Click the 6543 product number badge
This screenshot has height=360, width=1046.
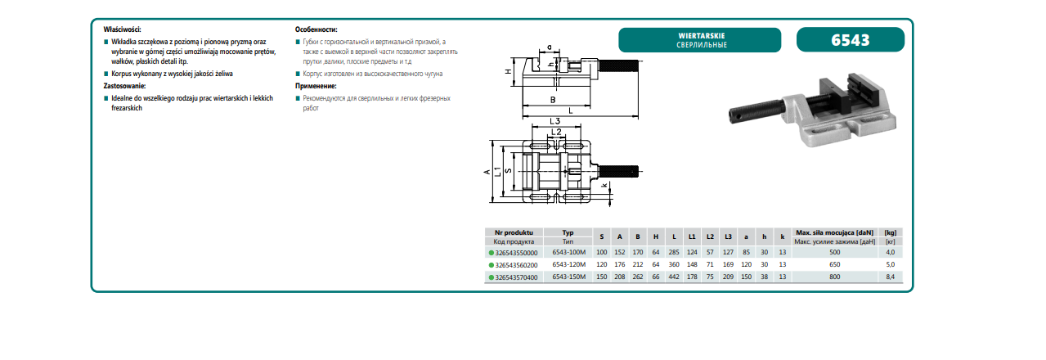point(850,40)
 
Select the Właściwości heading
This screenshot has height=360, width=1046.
point(123,29)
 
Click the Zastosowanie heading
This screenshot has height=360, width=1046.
point(124,86)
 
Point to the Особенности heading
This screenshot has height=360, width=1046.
point(316,29)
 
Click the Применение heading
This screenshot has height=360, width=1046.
point(316,86)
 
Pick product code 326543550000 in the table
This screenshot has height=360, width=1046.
point(516,253)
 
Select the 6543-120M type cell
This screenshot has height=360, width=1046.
point(568,264)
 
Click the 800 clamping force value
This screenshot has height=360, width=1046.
point(834,277)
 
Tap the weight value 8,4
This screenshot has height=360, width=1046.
point(890,277)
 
